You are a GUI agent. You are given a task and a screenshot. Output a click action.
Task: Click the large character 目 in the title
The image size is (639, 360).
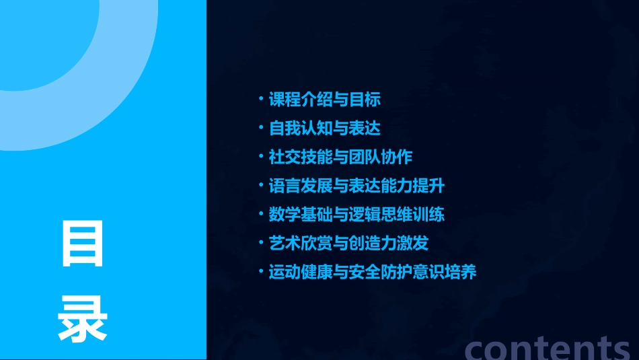pyautogui.click(x=83, y=243)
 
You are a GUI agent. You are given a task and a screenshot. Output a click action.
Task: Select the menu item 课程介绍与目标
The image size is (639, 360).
pyautogui.click(x=325, y=100)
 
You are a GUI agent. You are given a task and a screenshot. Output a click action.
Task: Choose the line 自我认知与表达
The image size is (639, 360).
pyautogui.click(x=325, y=128)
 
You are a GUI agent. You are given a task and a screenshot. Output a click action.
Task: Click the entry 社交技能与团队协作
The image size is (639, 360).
pyautogui.click(x=340, y=157)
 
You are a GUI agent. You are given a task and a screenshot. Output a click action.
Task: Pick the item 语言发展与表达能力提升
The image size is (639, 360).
pyautogui.click(x=356, y=186)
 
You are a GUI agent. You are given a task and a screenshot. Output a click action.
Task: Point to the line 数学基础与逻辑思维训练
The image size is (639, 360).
pyautogui.click(x=356, y=215)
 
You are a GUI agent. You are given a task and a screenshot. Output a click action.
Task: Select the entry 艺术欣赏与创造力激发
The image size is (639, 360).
pyautogui.click(x=348, y=243)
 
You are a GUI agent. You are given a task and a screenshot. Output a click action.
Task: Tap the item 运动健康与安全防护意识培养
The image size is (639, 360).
pyautogui.click(x=373, y=272)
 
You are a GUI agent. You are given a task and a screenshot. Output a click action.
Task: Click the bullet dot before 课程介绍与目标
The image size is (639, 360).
pyautogui.click(x=261, y=100)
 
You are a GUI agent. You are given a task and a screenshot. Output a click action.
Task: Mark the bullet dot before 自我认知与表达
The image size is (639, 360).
pyautogui.click(x=261, y=128)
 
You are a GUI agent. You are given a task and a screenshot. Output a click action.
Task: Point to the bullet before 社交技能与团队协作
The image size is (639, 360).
pyautogui.click(x=261, y=157)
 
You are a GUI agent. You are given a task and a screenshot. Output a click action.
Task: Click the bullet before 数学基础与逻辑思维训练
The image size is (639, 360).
pyautogui.click(x=261, y=215)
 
